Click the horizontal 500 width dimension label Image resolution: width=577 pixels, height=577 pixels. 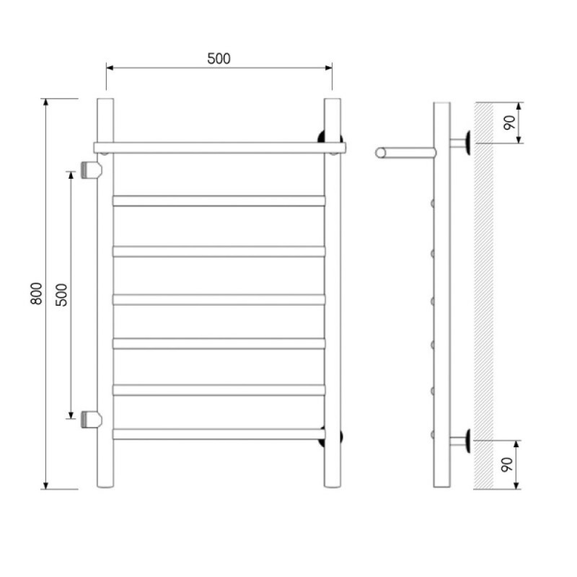(x=219, y=58)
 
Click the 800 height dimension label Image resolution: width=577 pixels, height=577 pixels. (x=36, y=294)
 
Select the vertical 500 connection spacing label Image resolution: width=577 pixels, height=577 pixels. (x=61, y=295)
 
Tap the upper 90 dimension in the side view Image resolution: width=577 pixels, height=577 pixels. (x=510, y=123)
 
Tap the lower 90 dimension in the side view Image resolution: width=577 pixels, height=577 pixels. (x=507, y=464)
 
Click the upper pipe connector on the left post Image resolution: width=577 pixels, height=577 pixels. (x=91, y=170)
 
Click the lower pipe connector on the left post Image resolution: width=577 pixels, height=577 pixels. (x=91, y=420)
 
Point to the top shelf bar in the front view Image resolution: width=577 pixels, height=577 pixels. (x=220, y=148)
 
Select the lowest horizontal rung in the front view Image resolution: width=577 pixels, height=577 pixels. (x=219, y=434)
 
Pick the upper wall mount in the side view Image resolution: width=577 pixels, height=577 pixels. (x=460, y=142)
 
